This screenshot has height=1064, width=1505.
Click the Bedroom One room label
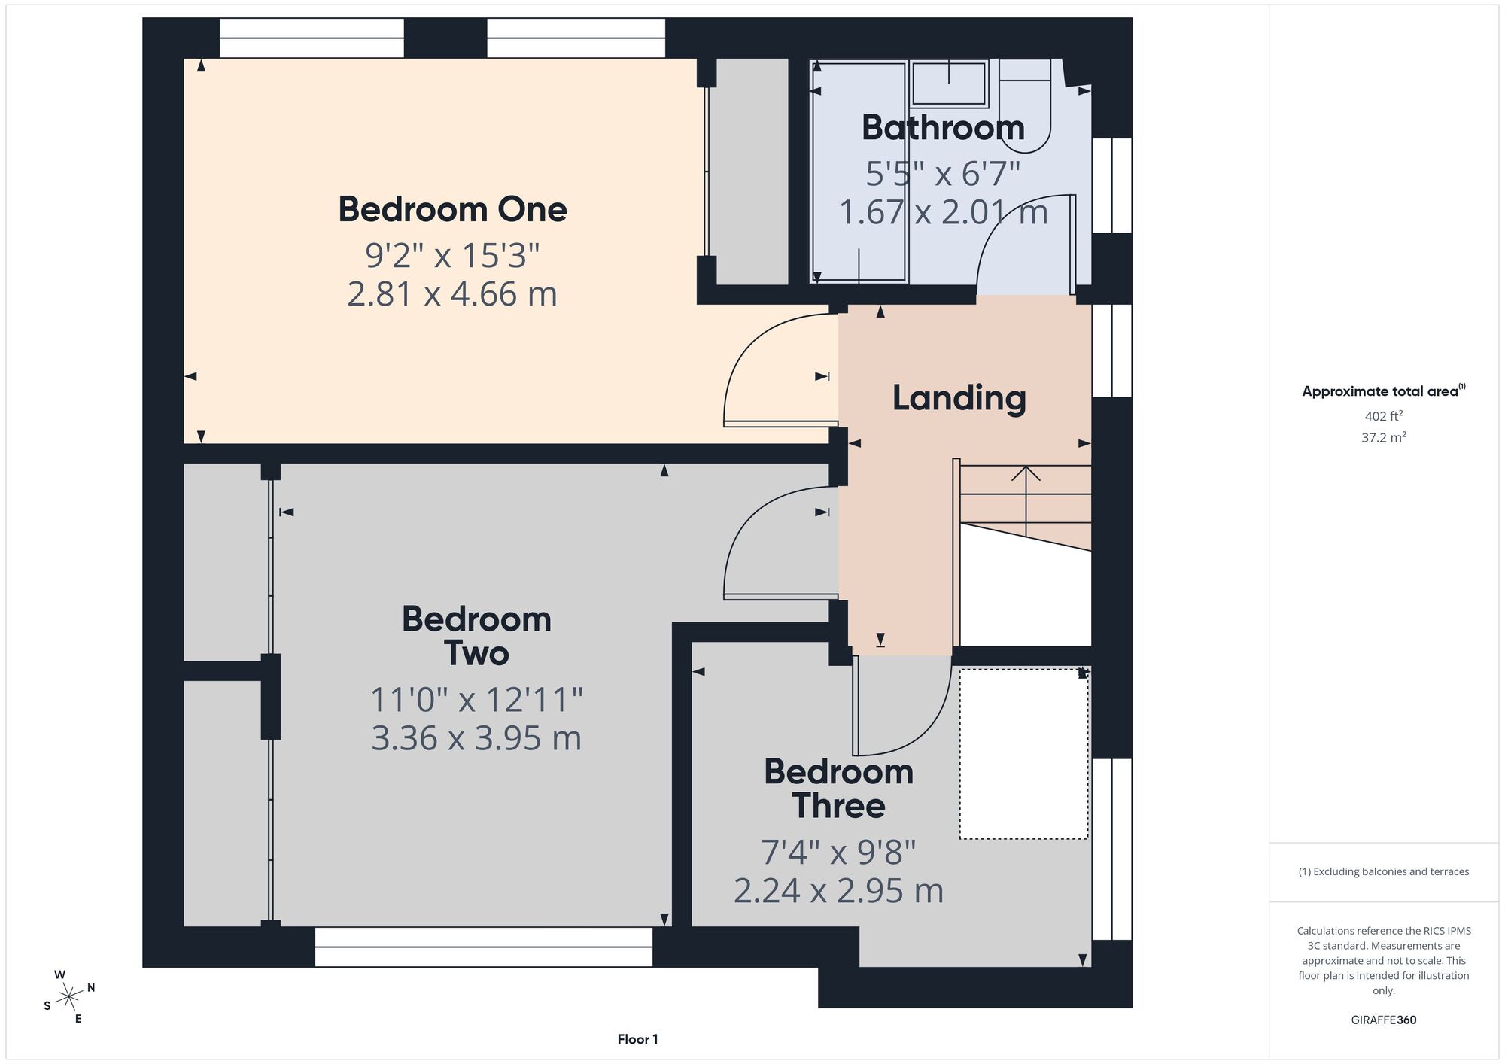(x=452, y=209)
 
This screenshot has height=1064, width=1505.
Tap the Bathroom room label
(x=943, y=127)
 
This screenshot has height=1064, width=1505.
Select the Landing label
(x=959, y=398)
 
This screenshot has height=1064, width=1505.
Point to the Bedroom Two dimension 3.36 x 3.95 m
(x=476, y=738)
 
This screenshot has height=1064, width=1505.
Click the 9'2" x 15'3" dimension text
(x=452, y=255)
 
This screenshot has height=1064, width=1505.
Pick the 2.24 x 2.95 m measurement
(x=838, y=891)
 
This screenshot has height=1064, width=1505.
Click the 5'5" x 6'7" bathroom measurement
(x=943, y=174)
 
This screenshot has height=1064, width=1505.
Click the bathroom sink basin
(x=949, y=84)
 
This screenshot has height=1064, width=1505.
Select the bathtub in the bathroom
(x=859, y=172)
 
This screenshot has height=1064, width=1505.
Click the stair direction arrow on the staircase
(x=1026, y=501)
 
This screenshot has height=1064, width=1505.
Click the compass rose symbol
(x=69, y=997)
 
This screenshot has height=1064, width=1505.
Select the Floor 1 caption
(x=637, y=1039)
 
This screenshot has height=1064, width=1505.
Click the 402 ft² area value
(x=1383, y=415)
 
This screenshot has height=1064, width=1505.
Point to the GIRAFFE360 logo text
(x=1383, y=1020)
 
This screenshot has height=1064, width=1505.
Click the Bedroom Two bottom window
(x=484, y=947)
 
